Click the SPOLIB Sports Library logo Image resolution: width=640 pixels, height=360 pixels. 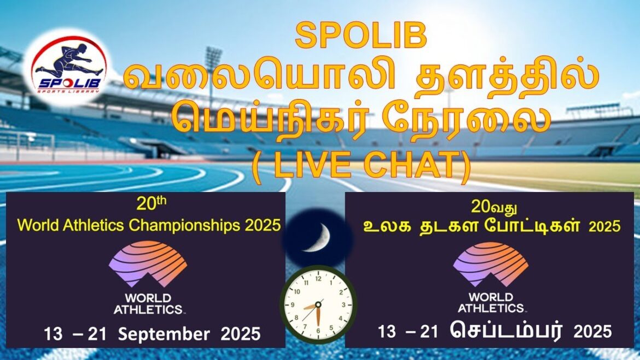click(x=69, y=67)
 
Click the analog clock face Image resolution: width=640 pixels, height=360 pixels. click(x=318, y=304)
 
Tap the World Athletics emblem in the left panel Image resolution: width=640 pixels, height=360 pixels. click(x=148, y=265)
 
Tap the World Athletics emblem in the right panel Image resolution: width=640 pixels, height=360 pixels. click(x=491, y=265)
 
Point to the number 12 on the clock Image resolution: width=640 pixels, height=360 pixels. click(x=318, y=279)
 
